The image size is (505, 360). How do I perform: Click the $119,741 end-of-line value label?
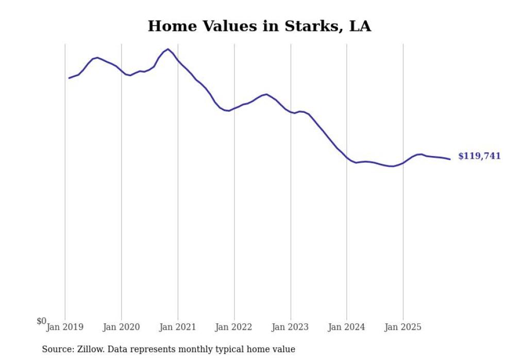479,156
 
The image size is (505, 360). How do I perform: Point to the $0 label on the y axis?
41,321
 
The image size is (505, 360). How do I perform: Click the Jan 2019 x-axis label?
65,327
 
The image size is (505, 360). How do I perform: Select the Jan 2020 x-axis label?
121,327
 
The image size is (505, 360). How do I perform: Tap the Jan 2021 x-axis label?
178,327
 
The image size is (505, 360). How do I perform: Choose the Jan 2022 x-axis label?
234,327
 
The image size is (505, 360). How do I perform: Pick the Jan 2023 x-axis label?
291,327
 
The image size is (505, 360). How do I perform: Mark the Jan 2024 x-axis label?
347,327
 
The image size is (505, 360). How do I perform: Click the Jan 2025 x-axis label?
403,327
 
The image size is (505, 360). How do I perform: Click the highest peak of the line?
168,49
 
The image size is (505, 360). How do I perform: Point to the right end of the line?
450,159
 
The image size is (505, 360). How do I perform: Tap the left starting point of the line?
69,78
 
